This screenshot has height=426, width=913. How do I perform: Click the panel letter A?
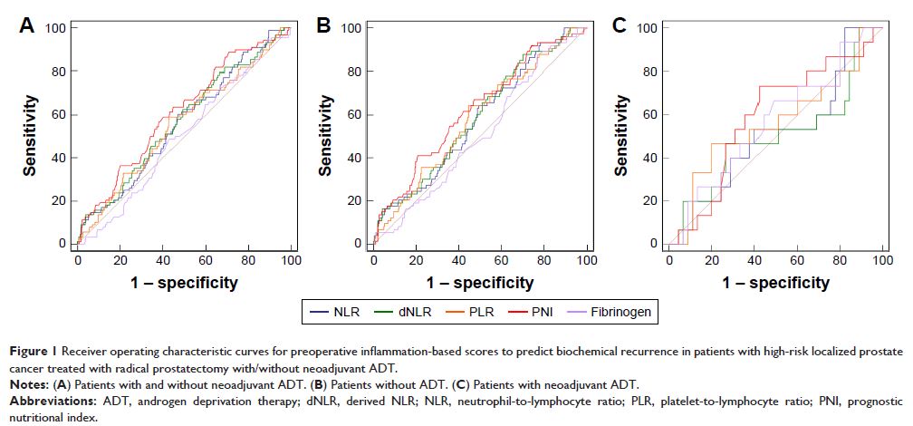tap(28, 26)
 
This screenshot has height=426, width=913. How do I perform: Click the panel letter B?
tap(322, 26)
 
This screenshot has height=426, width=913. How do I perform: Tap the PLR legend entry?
tap(480, 311)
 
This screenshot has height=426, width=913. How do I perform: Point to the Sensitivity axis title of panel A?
tap(30, 136)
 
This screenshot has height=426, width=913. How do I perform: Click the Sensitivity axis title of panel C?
tap(621, 136)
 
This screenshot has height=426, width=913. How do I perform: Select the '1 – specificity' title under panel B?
tap(481, 283)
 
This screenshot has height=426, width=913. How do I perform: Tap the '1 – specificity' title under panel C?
tap(776, 283)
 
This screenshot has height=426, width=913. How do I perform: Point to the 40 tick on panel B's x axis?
tap(459, 260)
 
